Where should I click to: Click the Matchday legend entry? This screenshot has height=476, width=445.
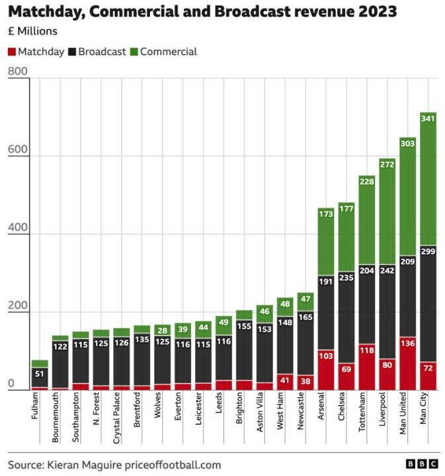click(x=36, y=52)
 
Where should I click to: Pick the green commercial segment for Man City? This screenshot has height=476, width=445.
click(x=428, y=178)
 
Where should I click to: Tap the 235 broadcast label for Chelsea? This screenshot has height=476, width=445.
click(x=346, y=278)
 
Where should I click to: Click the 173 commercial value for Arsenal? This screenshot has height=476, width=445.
click(x=326, y=214)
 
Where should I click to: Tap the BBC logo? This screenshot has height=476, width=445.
click(x=421, y=465)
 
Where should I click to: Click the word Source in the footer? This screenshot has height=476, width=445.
click(x=25, y=465)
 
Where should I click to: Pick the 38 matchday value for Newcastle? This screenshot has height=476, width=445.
click(x=305, y=381)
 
